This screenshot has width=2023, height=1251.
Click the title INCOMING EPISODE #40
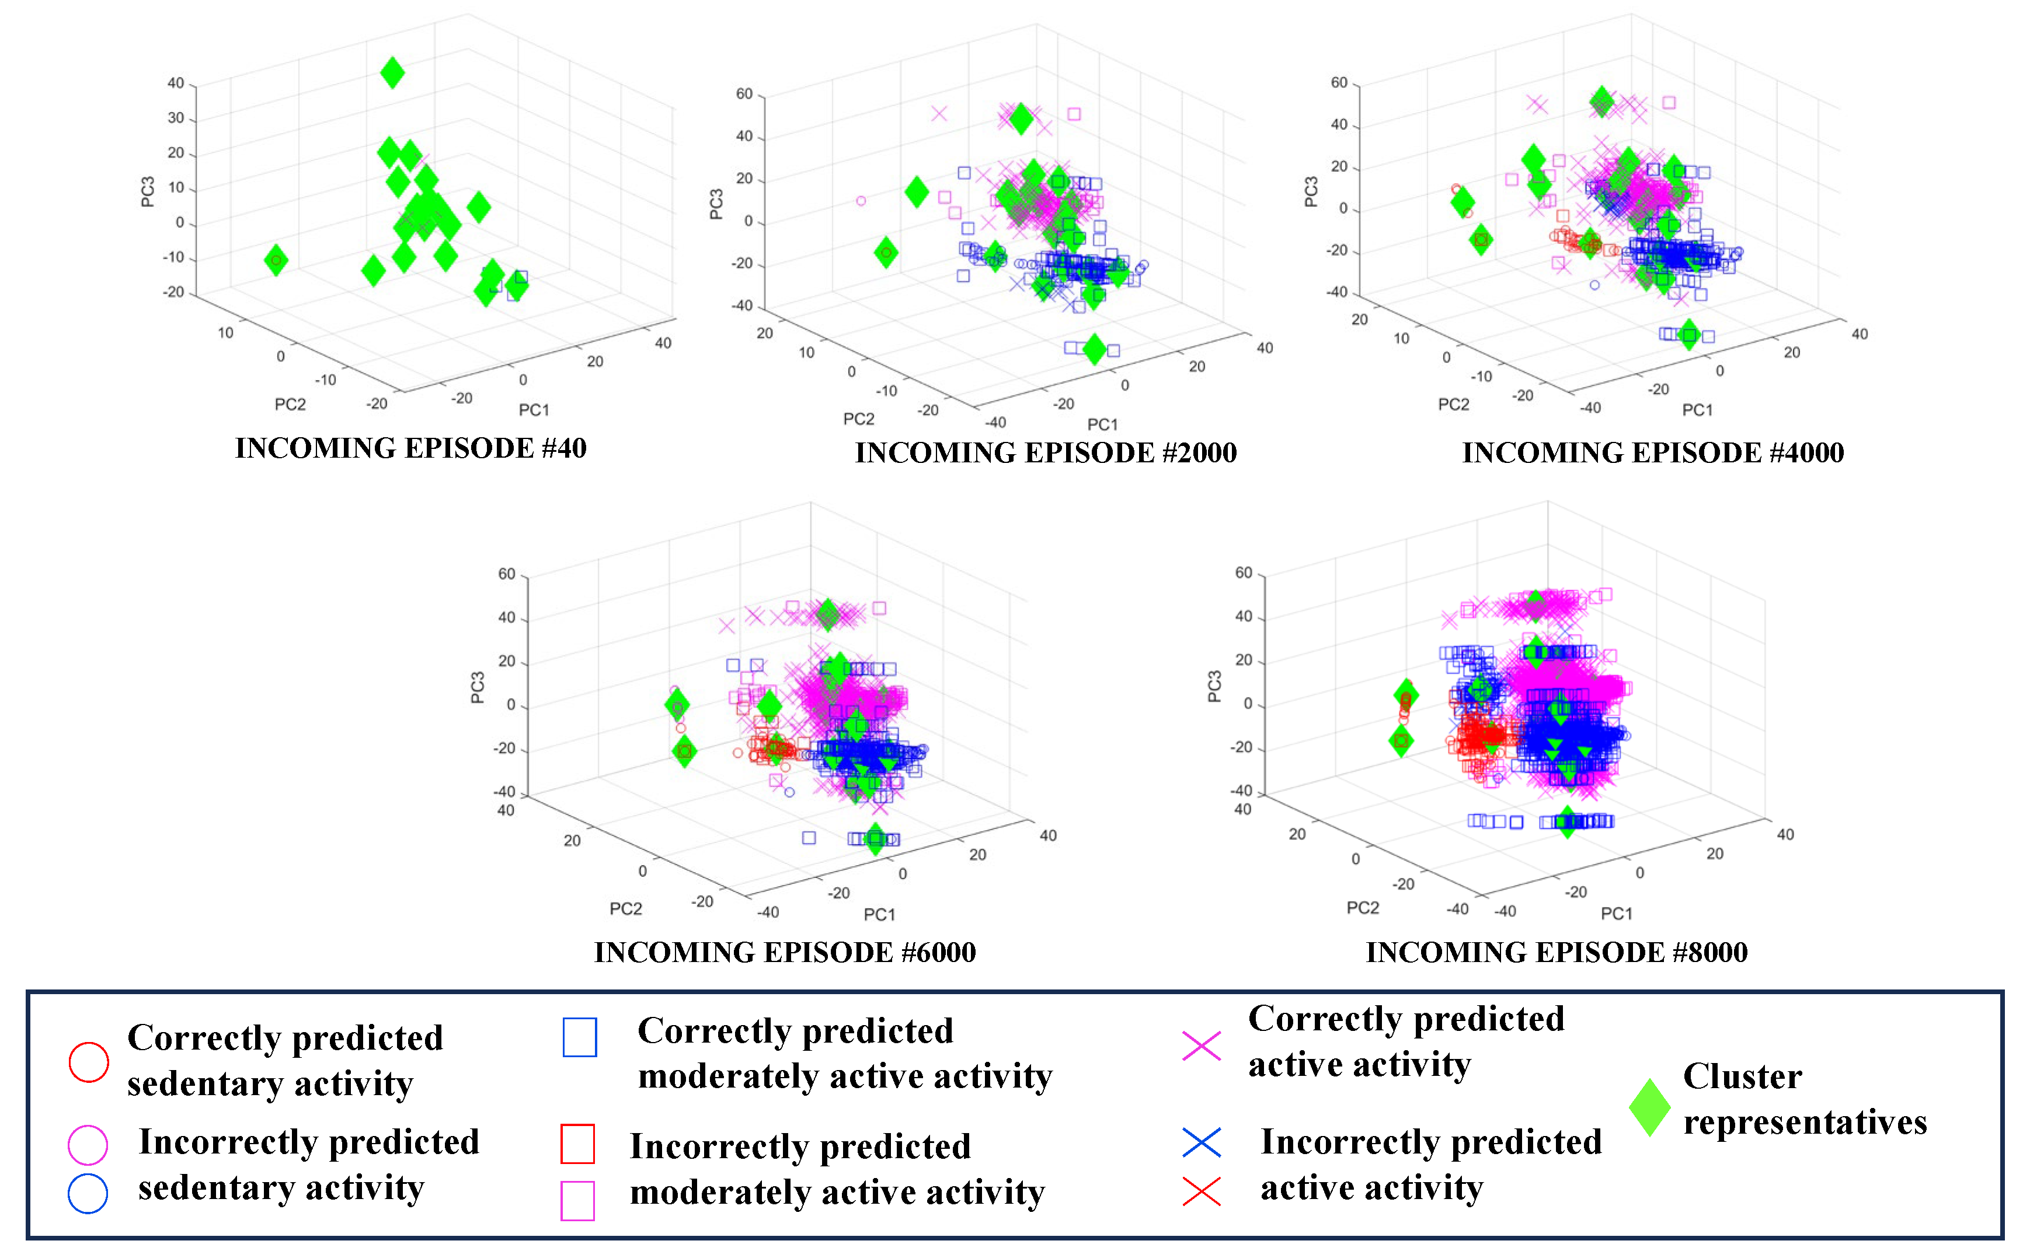pos(410,448)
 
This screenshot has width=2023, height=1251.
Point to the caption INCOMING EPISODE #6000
pos(784,952)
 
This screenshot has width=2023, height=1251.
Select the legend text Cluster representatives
pos(1805,1099)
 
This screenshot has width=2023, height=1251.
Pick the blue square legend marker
pos(579,1037)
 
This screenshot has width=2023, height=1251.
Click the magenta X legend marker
pos(1202,1046)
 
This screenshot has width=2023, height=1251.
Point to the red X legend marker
pos(1202,1191)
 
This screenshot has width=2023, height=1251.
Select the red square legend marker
pos(577,1144)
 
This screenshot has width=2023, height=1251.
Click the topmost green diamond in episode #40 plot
pos(392,73)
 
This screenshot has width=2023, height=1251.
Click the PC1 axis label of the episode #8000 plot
pos(1616,914)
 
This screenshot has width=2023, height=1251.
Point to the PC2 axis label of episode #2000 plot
pos(858,419)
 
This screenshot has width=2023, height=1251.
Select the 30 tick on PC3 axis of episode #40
pos(175,119)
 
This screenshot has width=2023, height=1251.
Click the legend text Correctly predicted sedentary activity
pos(285,1061)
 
